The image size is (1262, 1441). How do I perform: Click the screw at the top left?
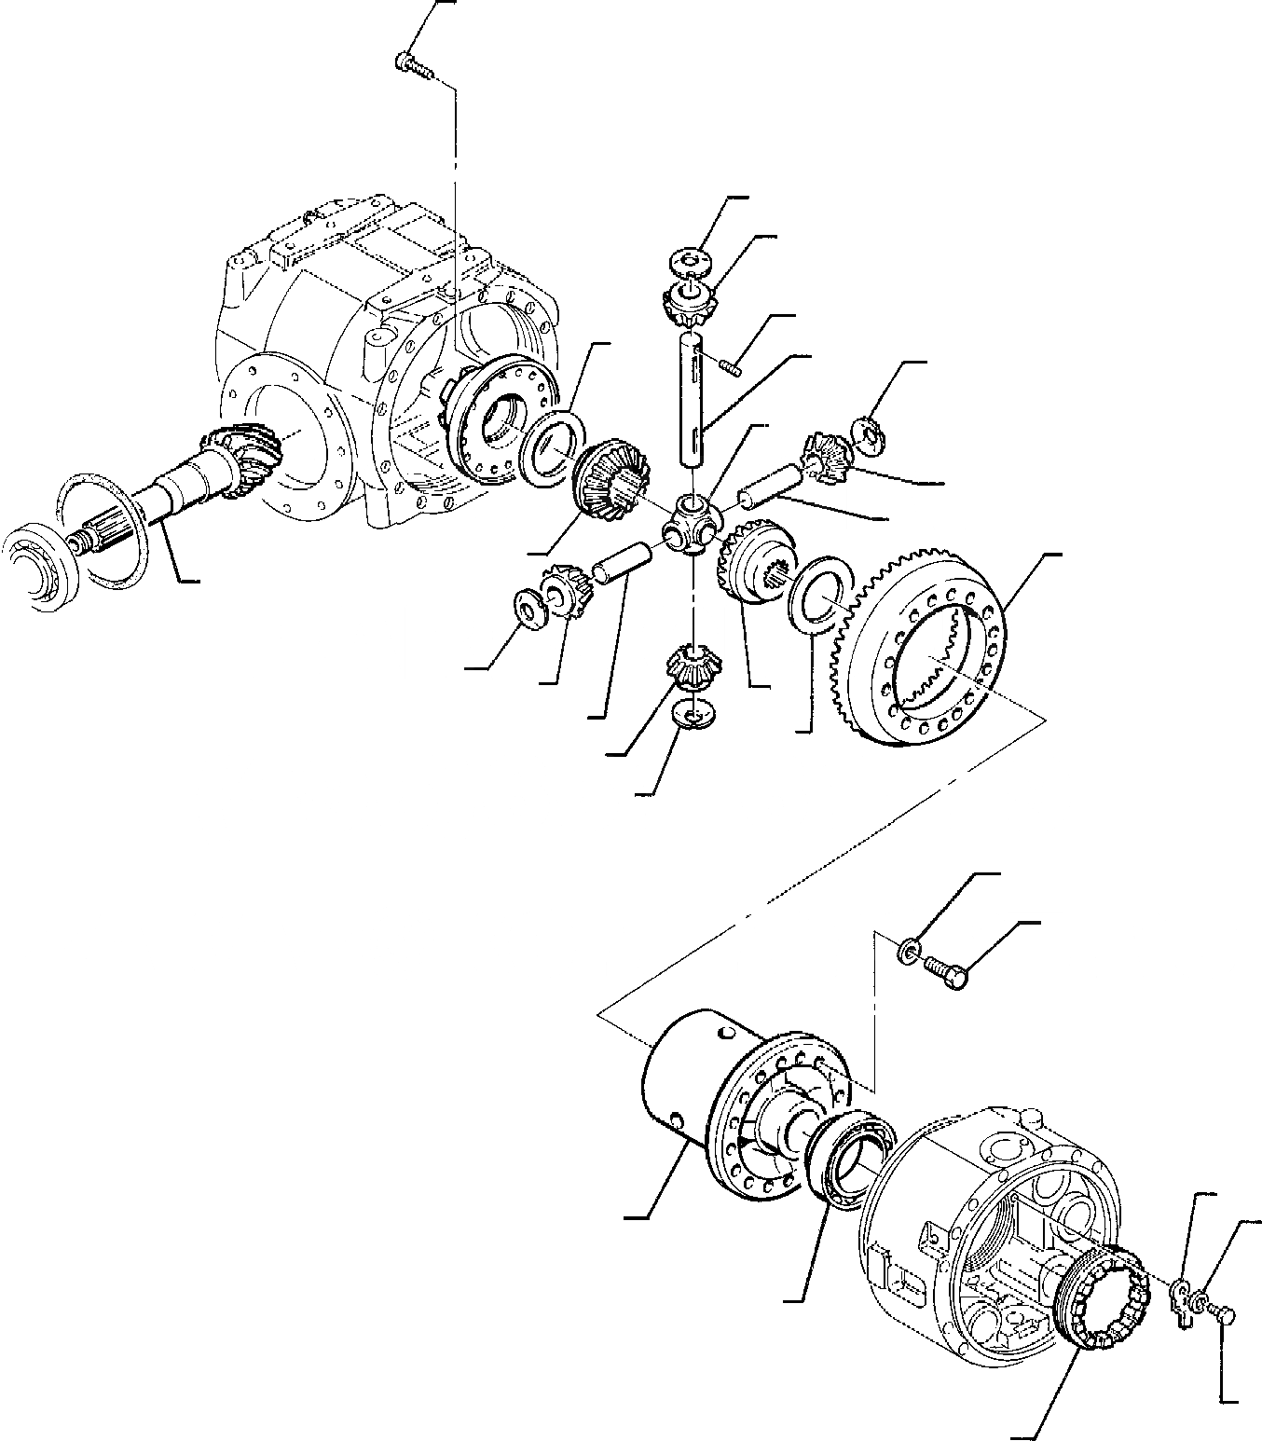tap(410, 64)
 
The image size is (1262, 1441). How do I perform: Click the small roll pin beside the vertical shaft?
tap(730, 366)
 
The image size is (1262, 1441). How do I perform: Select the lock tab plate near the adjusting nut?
tap(1181, 1294)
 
